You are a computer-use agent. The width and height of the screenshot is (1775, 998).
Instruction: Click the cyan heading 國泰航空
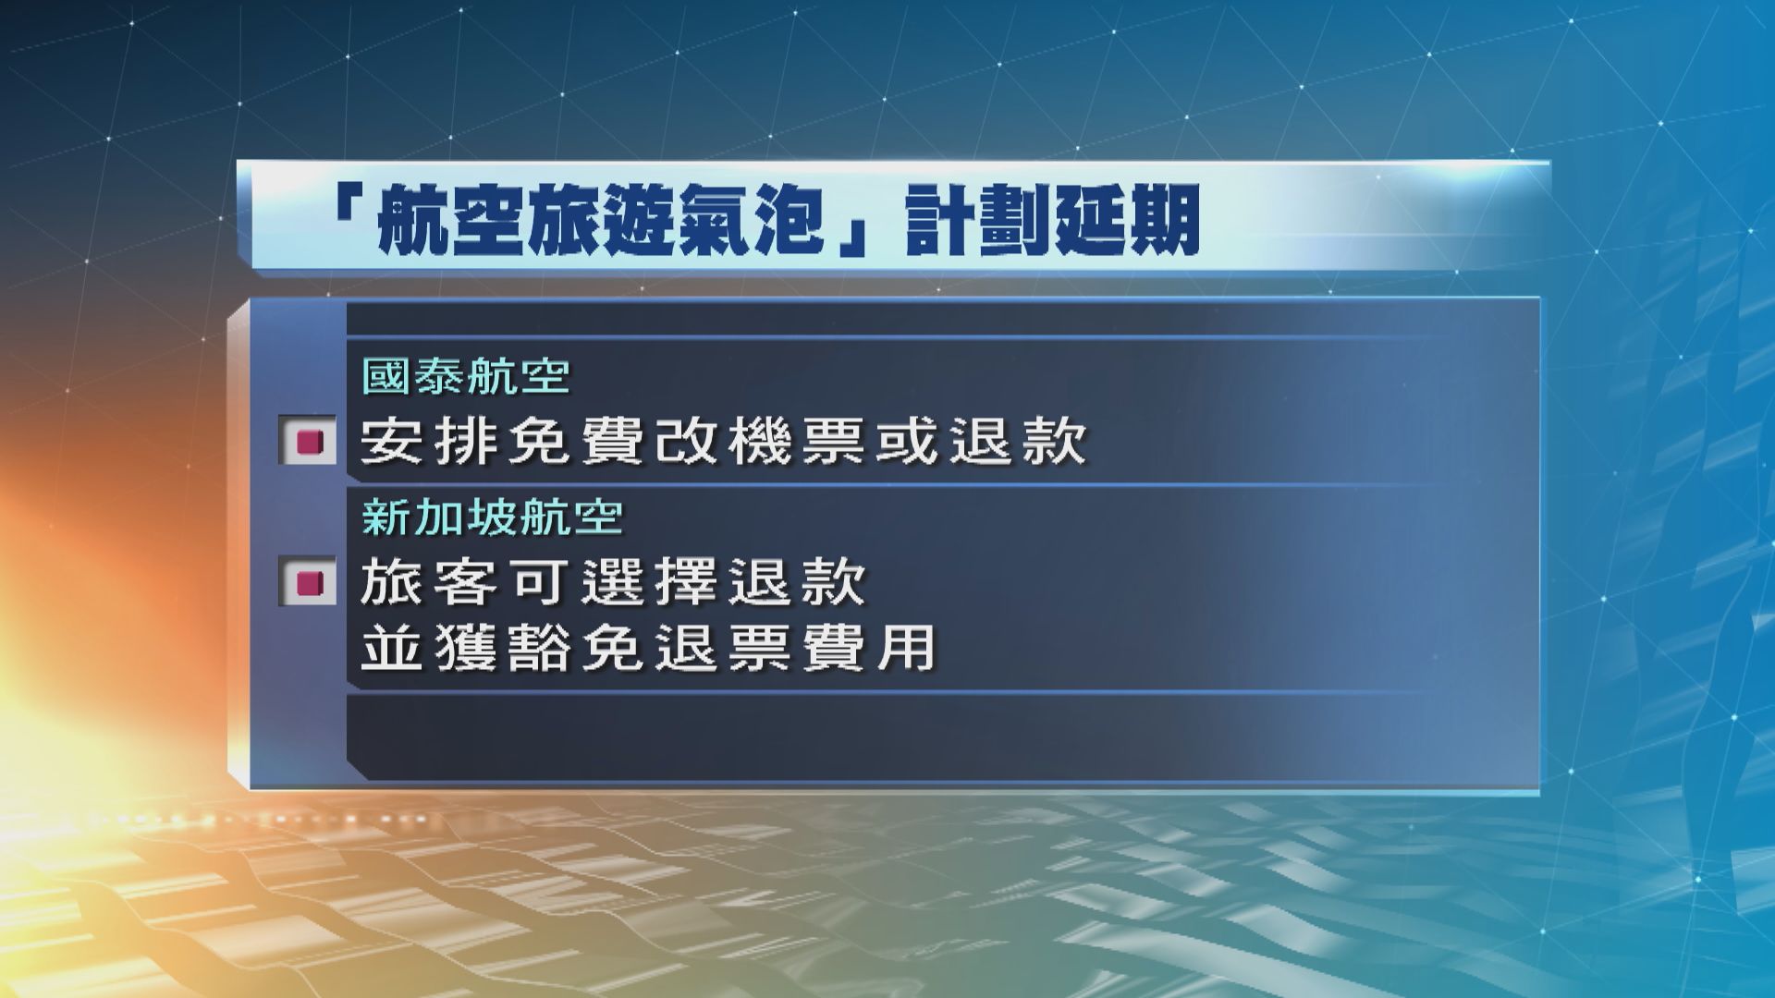pos(465,376)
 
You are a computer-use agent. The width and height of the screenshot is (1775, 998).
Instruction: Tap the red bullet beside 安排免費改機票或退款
pos(309,442)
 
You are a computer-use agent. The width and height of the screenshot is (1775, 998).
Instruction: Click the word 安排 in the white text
pos(428,442)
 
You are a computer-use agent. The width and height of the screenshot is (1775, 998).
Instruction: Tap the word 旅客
pos(428,583)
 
